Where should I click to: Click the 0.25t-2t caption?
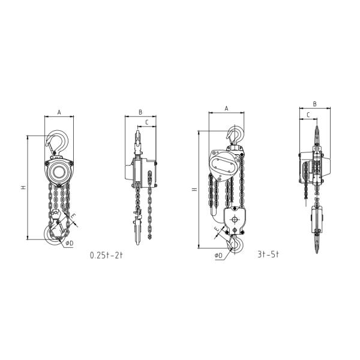pyautogui.click(x=106, y=256)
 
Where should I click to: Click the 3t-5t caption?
pyautogui.click(x=268, y=254)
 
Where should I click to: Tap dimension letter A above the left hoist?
pyautogui.click(x=59, y=112)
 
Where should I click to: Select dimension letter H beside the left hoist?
pyautogui.click(x=23, y=187)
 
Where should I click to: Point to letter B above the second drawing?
pyautogui.click(x=140, y=112)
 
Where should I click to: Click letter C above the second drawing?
pyautogui.click(x=147, y=122)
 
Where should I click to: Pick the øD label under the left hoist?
pyautogui.click(x=70, y=243)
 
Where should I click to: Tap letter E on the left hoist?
pyautogui.click(x=73, y=216)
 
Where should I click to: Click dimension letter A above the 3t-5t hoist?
pyautogui.click(x=226, y=109)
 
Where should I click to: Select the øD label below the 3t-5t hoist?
pyautogui.click(x=218, y=256)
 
